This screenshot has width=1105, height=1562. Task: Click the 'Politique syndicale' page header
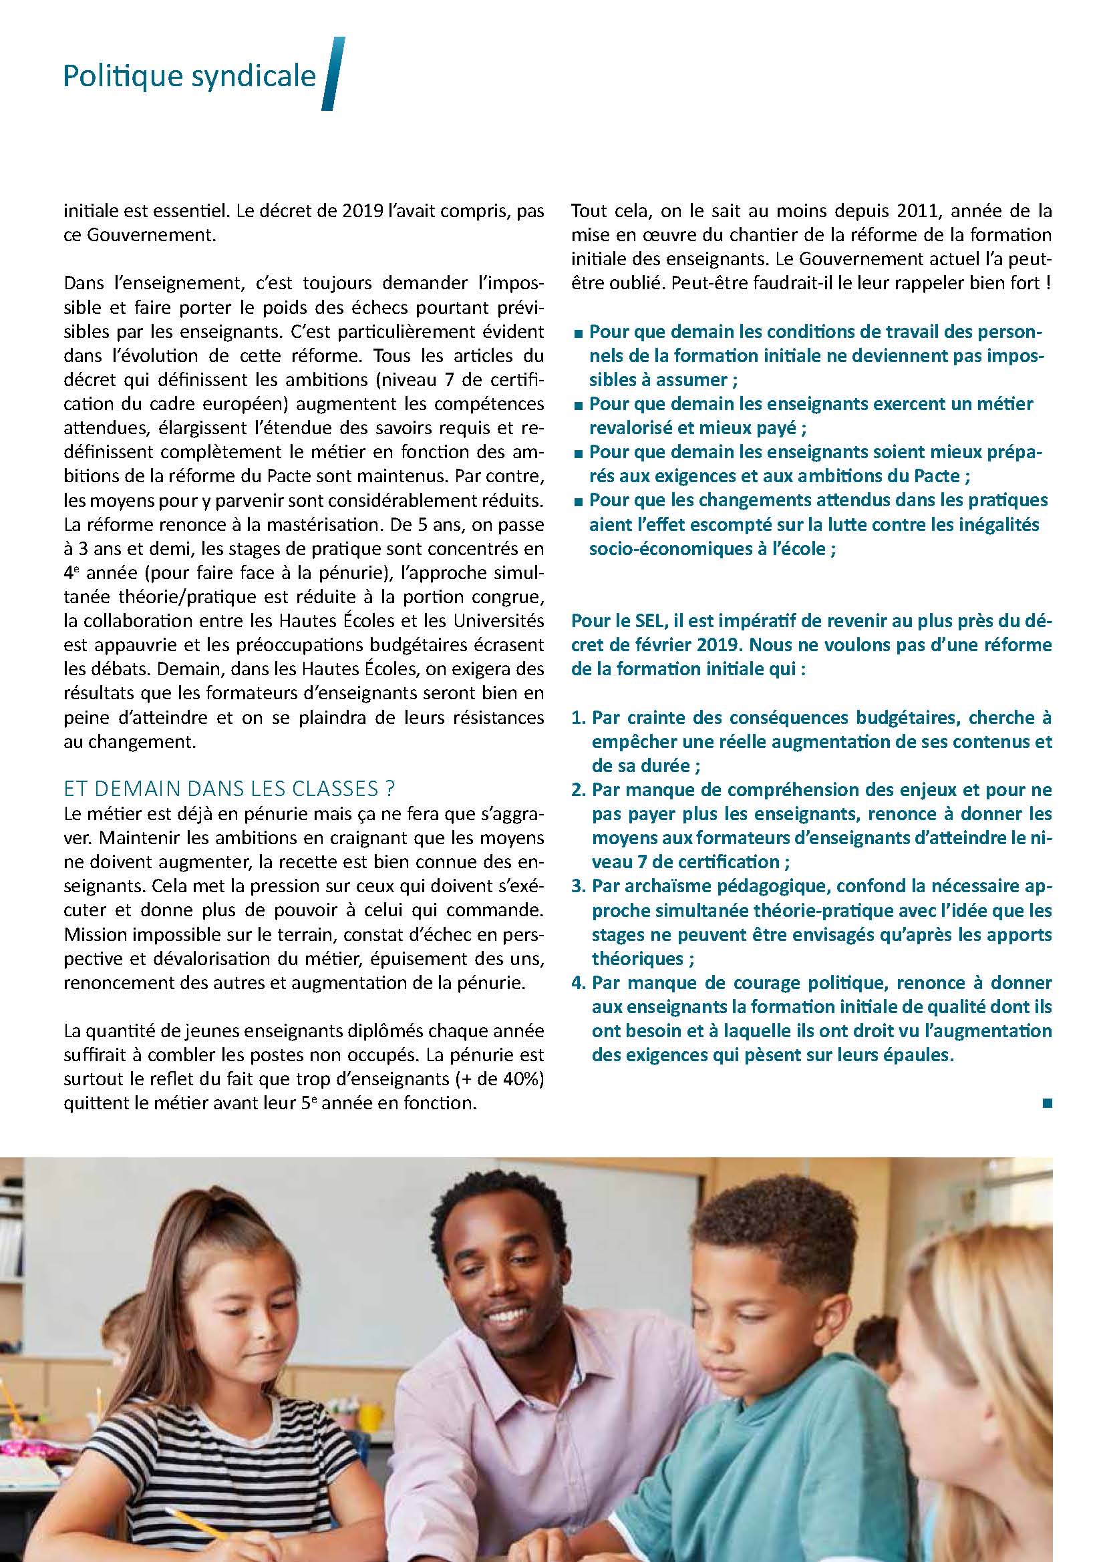point(189,77)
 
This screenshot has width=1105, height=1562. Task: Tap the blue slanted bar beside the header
point(333,73)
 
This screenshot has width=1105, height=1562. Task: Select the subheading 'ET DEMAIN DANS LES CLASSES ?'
point(229,789)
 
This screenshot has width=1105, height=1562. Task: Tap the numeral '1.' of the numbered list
point(579,718)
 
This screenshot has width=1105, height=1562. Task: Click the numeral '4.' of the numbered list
point(579,982)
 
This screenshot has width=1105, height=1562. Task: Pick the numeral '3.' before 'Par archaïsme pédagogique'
point(579,886)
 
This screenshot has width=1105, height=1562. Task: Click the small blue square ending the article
point(1046,1103)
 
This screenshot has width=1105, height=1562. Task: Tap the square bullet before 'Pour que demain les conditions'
point(579,333)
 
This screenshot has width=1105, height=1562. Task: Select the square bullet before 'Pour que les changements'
point(579,502)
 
